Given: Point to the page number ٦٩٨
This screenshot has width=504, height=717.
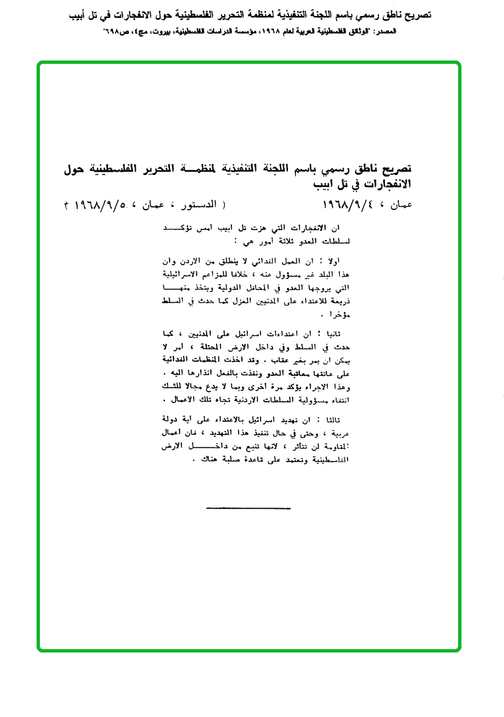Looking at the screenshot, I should point(112,31).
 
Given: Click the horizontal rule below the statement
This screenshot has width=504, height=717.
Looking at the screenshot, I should point(243,509).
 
